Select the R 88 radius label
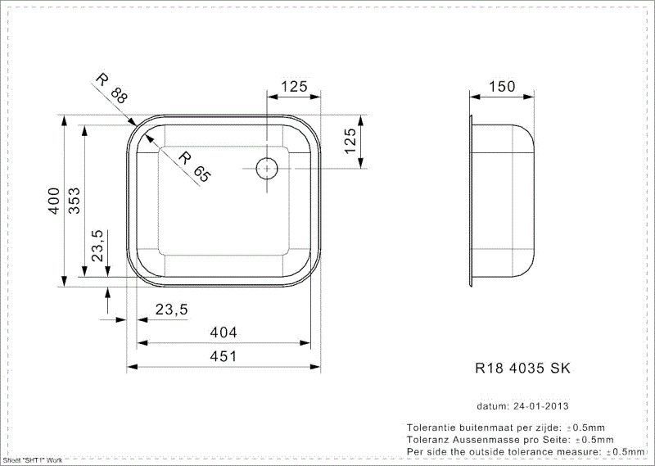tap(112, 88)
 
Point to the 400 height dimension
tap(53, 201)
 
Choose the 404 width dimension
tap(222, 333)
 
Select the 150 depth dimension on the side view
tap(501, 86)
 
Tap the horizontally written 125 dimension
tap(294, 86)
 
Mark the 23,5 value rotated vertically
tap(97, 247)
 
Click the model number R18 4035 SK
tap(522, 369)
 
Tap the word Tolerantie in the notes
tap(434, 428)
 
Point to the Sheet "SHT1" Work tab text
tap(33, 461)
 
